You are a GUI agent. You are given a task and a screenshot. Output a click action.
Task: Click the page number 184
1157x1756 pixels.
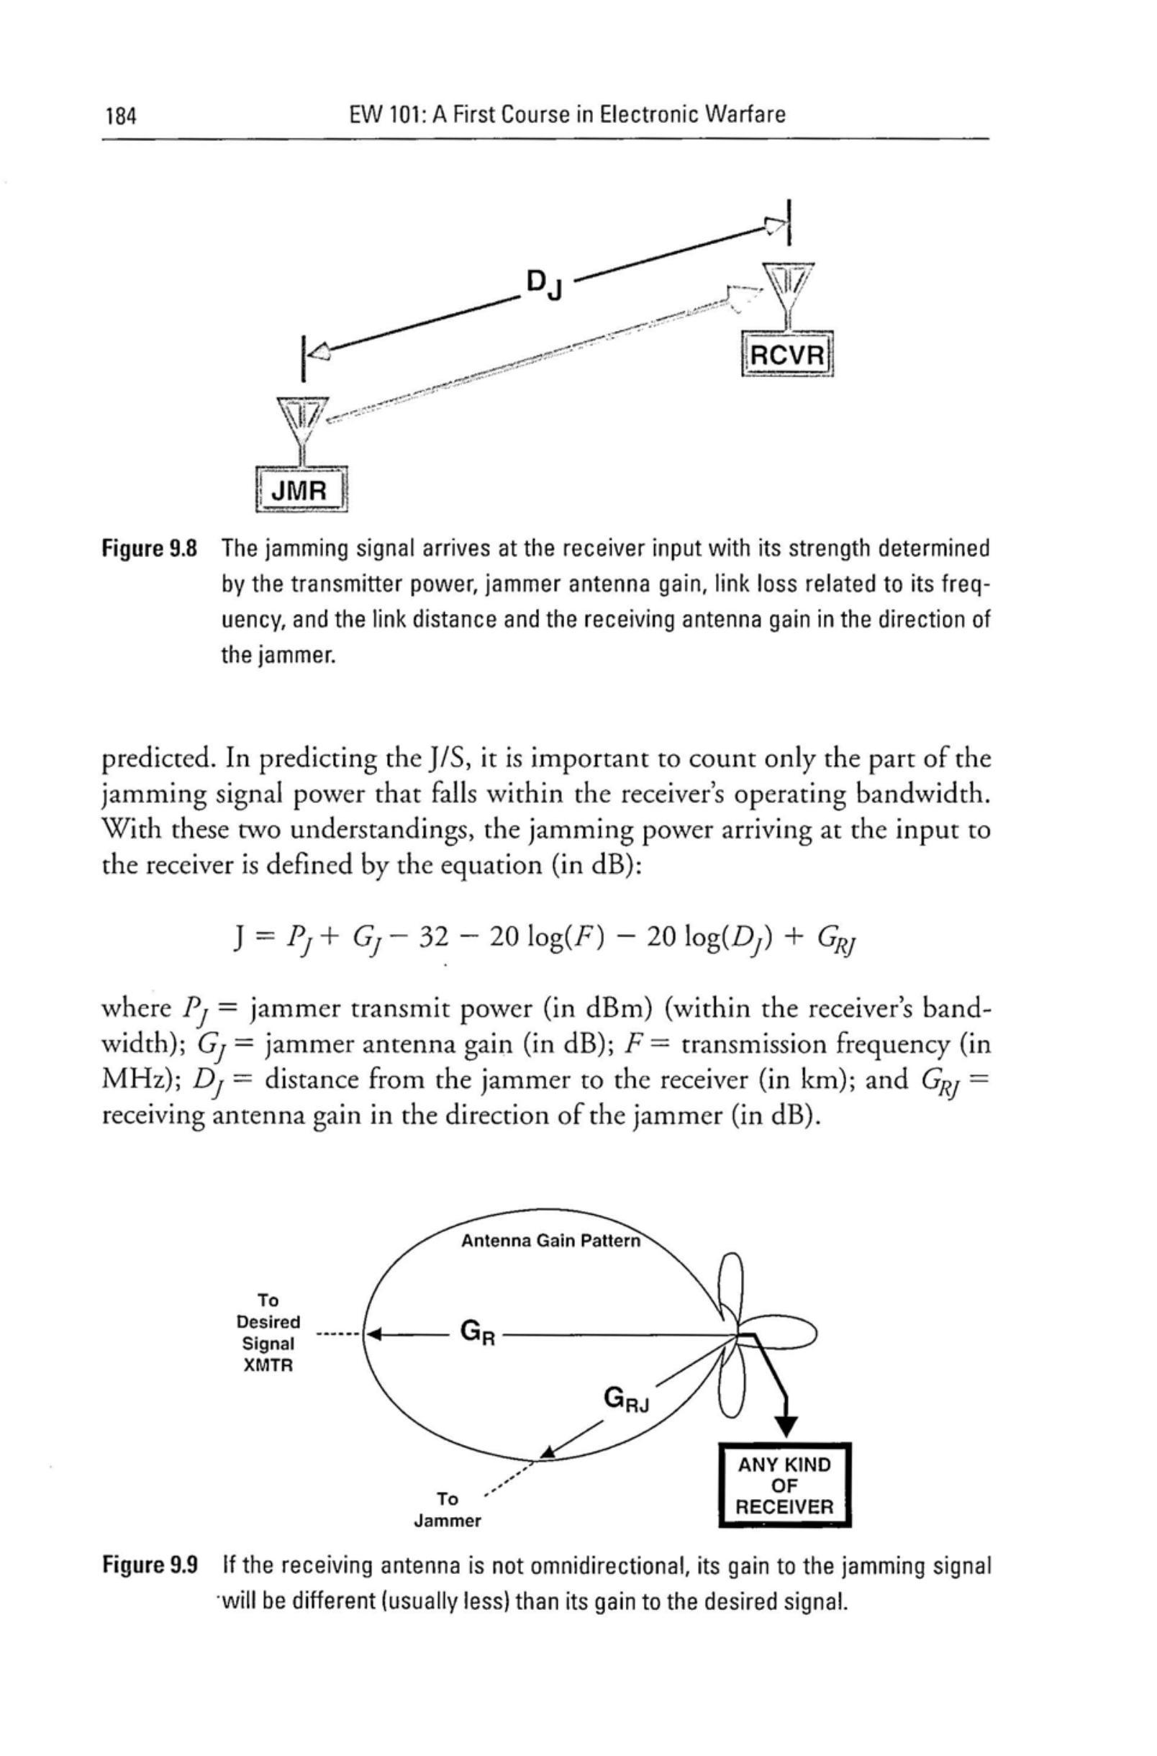tap(122, 116)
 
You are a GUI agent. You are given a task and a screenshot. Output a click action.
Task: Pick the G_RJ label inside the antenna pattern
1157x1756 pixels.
tap(627, 1400)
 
